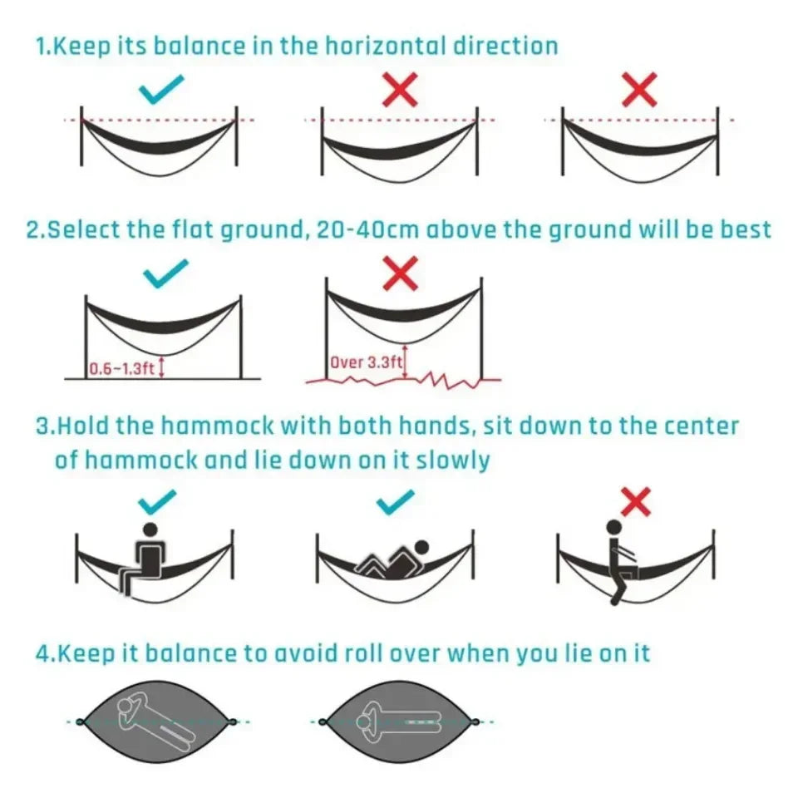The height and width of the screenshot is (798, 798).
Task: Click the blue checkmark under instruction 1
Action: [x=160, y=89]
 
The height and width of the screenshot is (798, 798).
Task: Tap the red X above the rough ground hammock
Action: [x=401, y=274]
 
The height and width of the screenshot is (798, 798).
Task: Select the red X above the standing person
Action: [x=636, y=501]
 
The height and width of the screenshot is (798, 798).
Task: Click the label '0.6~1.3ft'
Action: [x=122, y=368]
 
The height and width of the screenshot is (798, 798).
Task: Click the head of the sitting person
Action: [x=150, y=530]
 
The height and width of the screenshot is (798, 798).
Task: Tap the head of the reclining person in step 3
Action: [x=421, y=548]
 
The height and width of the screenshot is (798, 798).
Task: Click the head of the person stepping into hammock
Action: [x=613, y=527]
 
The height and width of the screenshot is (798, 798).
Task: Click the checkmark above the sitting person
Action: [x=158, y=500]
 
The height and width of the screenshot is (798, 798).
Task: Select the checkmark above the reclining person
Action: [x=396, y=500]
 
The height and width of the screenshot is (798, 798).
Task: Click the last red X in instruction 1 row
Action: [x=639, y=89]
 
